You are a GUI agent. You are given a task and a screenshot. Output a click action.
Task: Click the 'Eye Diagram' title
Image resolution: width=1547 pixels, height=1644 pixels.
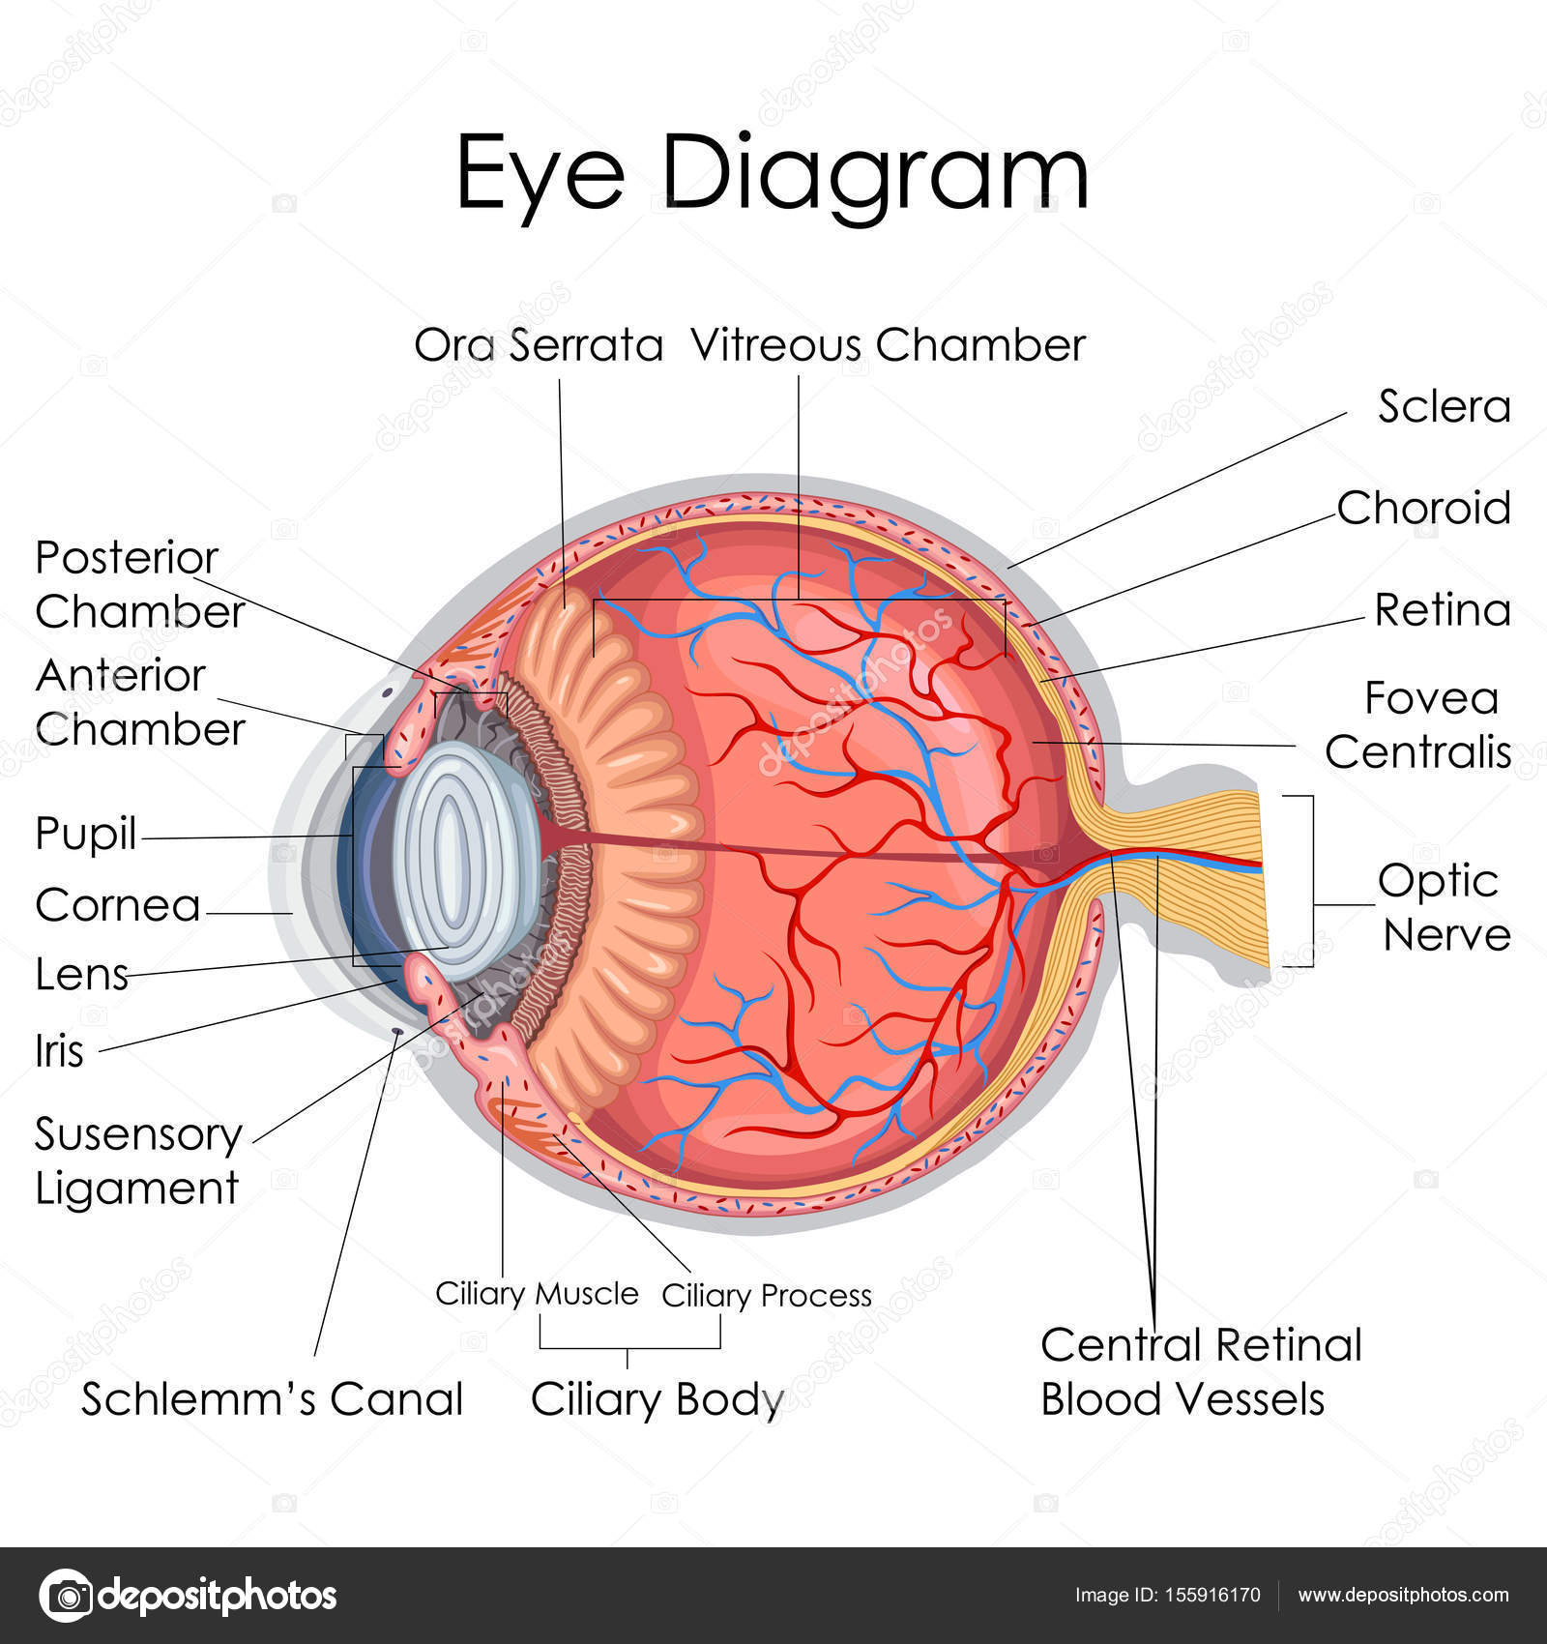(x=772, y=174)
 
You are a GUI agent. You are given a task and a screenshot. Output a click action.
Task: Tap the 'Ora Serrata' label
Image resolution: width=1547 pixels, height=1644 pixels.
(x=539, y=345)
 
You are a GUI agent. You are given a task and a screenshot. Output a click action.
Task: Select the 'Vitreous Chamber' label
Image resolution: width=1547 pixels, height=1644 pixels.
(x=888, y=345)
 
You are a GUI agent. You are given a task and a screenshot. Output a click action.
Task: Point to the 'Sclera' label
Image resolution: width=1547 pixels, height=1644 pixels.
(x=1444, y=406)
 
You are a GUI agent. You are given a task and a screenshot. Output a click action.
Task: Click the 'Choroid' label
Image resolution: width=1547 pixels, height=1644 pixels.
(x=1423, y=508)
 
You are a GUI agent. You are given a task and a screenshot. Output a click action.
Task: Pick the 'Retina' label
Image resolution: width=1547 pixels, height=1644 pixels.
(x=1443, y=610)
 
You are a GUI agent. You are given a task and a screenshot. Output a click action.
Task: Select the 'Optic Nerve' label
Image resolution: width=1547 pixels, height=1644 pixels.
(x=1443, y=907)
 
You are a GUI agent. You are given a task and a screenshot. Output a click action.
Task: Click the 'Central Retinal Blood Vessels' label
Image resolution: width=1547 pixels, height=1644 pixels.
(x=1199, y=1371)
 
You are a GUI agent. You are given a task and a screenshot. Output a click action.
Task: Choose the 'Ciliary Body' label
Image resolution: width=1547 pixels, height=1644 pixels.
(x=657, y=1399)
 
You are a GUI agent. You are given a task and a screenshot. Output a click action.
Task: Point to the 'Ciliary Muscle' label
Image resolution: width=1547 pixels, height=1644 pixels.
(x=537, y=1294)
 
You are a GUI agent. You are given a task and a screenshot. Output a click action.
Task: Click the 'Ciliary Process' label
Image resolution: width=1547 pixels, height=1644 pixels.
(x=766, y=1295)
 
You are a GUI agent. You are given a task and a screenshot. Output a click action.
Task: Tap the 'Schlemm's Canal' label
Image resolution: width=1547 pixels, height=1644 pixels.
(x=272, y=1399)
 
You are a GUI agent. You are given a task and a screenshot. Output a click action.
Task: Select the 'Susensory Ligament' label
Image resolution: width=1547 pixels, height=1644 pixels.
(x=137, y=1160)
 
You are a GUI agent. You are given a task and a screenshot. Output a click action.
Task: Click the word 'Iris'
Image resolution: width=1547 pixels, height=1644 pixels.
(x=59, y=1051)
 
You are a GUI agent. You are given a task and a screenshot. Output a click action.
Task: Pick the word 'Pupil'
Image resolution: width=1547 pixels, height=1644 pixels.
(x=85, y=834)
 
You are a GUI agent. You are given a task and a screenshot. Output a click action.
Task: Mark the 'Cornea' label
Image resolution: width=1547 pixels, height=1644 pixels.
(x=118, y=906)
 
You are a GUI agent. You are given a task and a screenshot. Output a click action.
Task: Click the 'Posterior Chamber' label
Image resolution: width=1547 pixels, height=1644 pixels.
(x=139, y=585)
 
